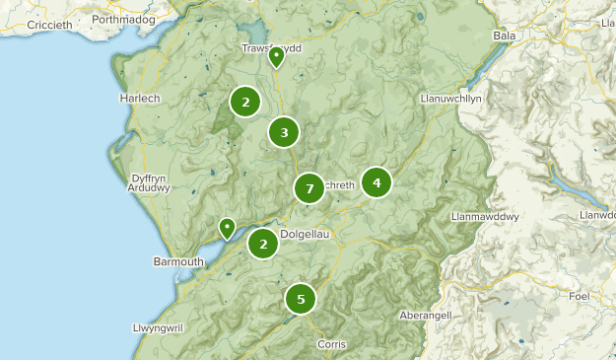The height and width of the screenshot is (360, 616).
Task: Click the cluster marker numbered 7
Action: pos(309,187)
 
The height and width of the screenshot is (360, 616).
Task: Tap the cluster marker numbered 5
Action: pos(301,298)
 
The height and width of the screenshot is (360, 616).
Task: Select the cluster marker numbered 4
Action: pos(376,182)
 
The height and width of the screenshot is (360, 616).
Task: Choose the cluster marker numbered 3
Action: pos(284,132)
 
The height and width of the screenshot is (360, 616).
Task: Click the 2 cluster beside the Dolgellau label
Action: pos(263,243)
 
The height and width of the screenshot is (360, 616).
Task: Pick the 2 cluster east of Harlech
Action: pos(245,101)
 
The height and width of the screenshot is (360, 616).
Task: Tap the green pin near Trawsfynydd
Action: pos(277,57)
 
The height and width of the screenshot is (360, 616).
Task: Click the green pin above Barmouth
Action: pos(228,228)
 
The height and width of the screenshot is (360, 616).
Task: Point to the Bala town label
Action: pos(505,36)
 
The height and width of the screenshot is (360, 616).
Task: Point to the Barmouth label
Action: pos(178,261)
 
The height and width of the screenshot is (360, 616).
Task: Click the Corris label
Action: pos(331,344)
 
